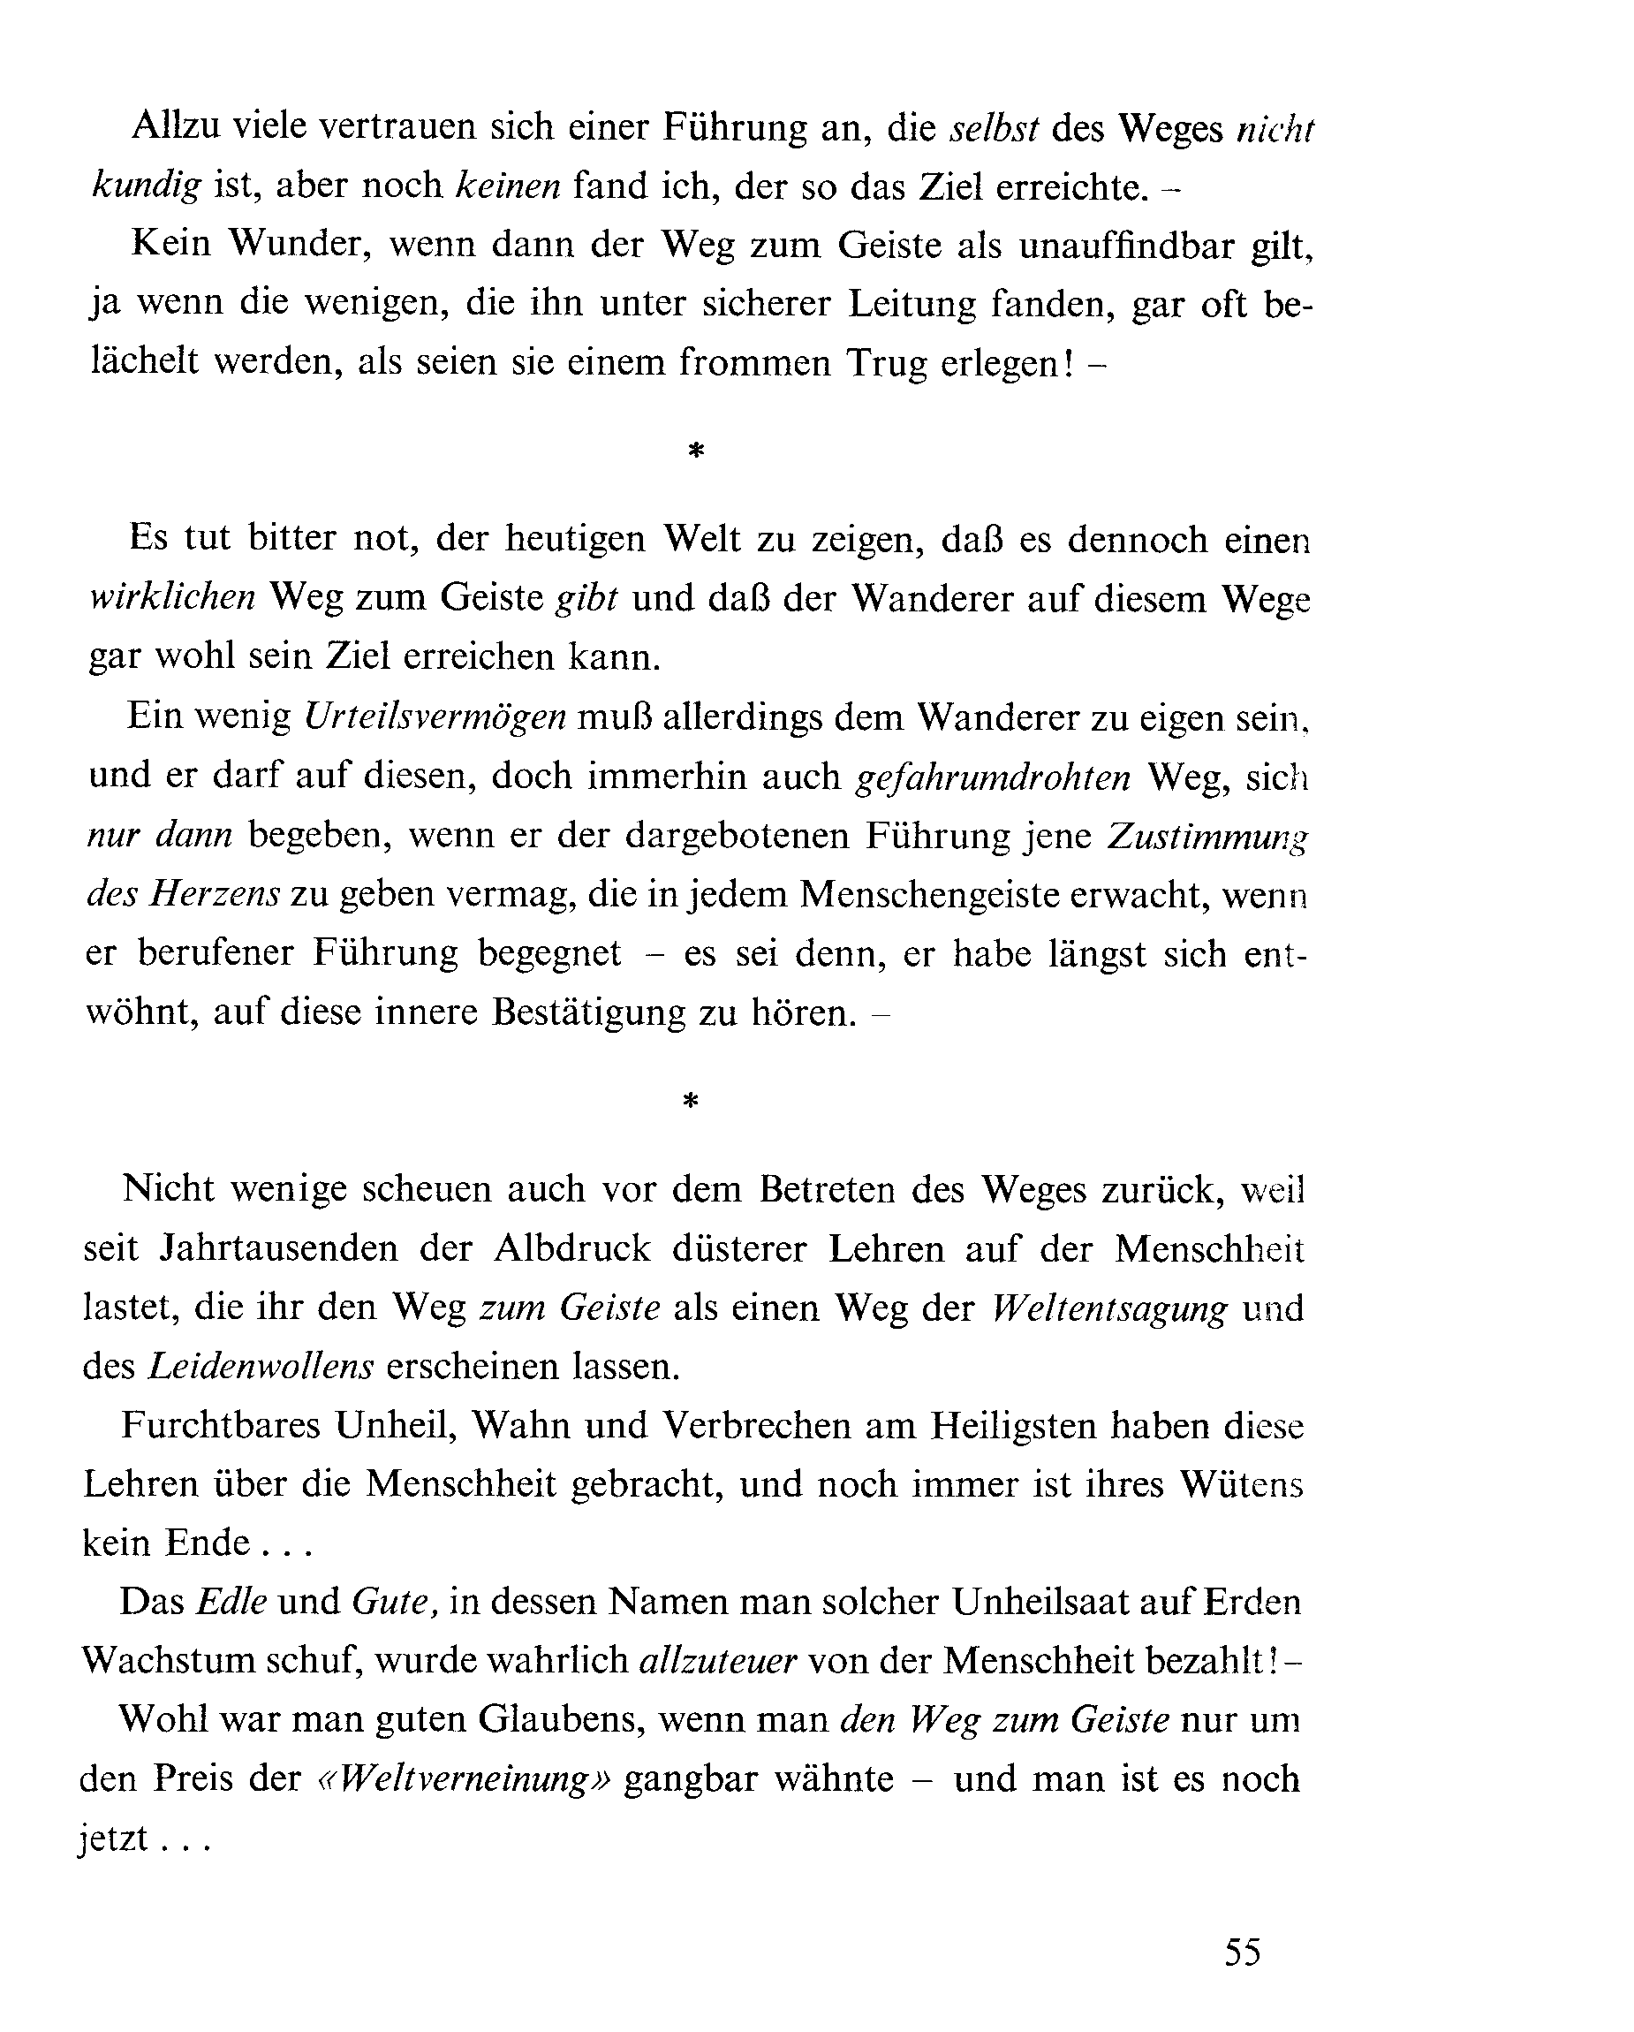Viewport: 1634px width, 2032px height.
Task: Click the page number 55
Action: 1242,1950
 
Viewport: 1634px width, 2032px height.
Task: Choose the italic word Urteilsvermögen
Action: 435,717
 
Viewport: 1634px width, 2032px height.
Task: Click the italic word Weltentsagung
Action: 1110,1308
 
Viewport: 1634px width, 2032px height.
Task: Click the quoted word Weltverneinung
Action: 464,1779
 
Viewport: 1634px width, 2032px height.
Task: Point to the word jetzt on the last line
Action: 112,1839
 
